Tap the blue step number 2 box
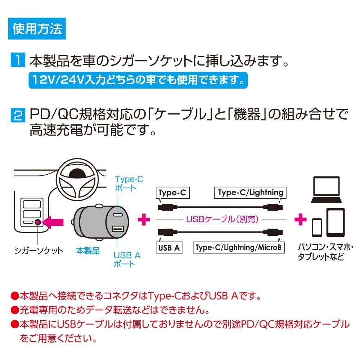coord(18,116)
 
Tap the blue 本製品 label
coord(88,251)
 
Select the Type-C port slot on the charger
coord(118,215)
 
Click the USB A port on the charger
coord(117,229)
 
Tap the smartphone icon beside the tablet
coord(317,228)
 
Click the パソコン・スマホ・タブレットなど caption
coord(326,252)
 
